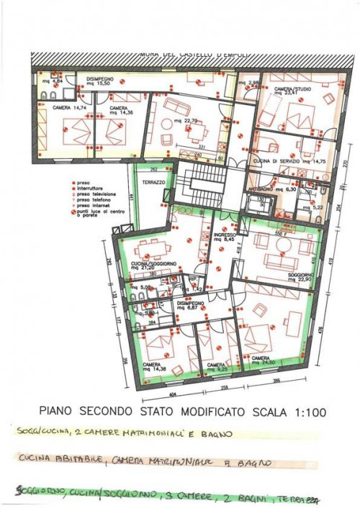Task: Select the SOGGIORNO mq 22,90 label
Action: tap(282, 276)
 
